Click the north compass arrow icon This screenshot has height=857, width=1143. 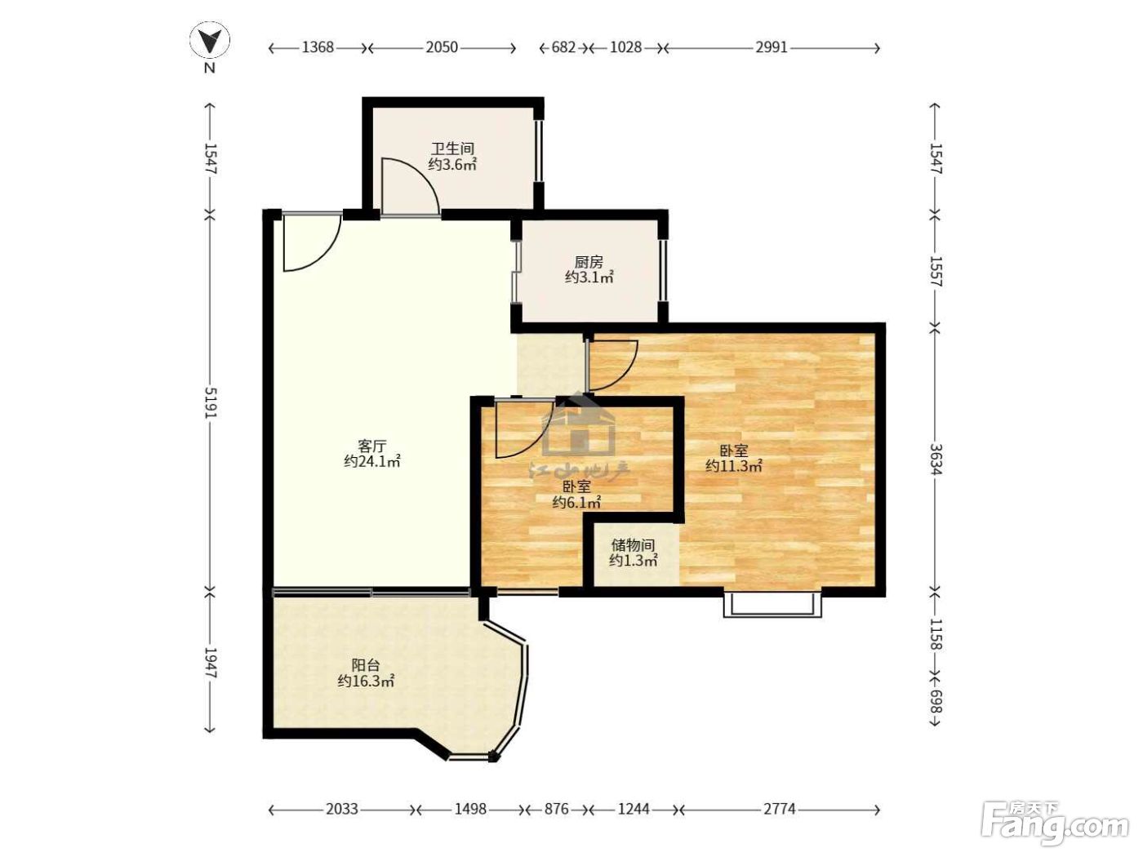click(210, 40)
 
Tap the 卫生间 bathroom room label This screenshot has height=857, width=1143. click(453, 149)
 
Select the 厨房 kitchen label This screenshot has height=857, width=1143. click(589, 261)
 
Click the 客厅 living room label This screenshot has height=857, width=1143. click(371, 446)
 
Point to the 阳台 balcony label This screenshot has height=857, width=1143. click(366, 665)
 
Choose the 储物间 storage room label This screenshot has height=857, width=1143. click(633, 544)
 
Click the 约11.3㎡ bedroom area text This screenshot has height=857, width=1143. click(734, 466)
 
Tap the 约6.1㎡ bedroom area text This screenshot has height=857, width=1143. click(576, 502)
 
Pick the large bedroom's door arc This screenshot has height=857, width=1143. click(625, 372)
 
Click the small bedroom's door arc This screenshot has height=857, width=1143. click(527, 442)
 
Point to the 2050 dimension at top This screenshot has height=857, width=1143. click(443, 47)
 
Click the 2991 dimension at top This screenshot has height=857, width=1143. click(772, 47)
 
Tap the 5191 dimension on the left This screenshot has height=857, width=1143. click(210, 402)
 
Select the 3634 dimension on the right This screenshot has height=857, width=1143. click(936, 459)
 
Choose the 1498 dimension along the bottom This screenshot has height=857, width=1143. click(470, 809)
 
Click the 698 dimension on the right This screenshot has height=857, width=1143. click(936, 701)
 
